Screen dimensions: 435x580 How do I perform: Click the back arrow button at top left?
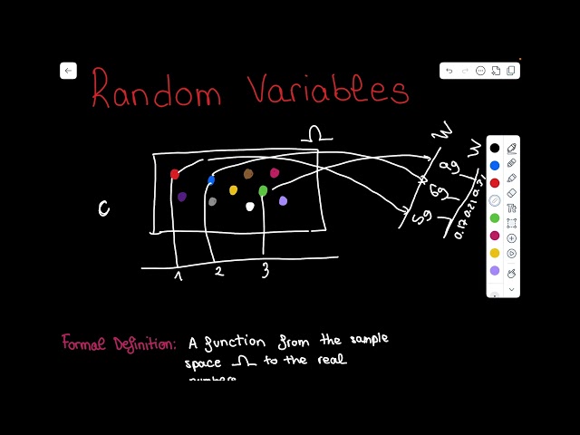click(x=68, y=71)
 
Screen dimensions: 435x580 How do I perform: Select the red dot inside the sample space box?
click(x=175, y=174)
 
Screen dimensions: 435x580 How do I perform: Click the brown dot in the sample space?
click(x=248, y=174)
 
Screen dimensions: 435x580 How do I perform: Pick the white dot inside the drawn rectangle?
click(x=250, y=207)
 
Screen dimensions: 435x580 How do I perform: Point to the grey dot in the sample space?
click(x=212, y=201)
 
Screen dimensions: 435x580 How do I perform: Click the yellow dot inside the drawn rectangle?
click(x=233, y=190)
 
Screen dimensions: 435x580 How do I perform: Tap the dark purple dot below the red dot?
click(x=182, y=196)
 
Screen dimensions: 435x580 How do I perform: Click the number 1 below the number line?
click(x=179, y=275)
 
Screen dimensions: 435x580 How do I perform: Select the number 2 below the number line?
click(x=217, y=271)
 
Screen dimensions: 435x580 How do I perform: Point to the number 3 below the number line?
click(x=266, y=270)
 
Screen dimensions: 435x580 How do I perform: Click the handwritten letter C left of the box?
click(x=104, y=209)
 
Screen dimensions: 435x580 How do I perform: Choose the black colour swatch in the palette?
click(x=495, y=148)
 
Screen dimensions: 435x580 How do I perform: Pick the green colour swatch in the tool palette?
click(x=495, y=217)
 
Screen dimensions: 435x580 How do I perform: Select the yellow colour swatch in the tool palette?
click(x=495, y=253)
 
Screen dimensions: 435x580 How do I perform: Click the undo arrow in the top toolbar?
click(x=449, y=71)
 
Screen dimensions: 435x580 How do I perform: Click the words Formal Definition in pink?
click(x=119, y=343)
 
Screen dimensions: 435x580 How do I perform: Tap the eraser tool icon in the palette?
click(x=512, y=192)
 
